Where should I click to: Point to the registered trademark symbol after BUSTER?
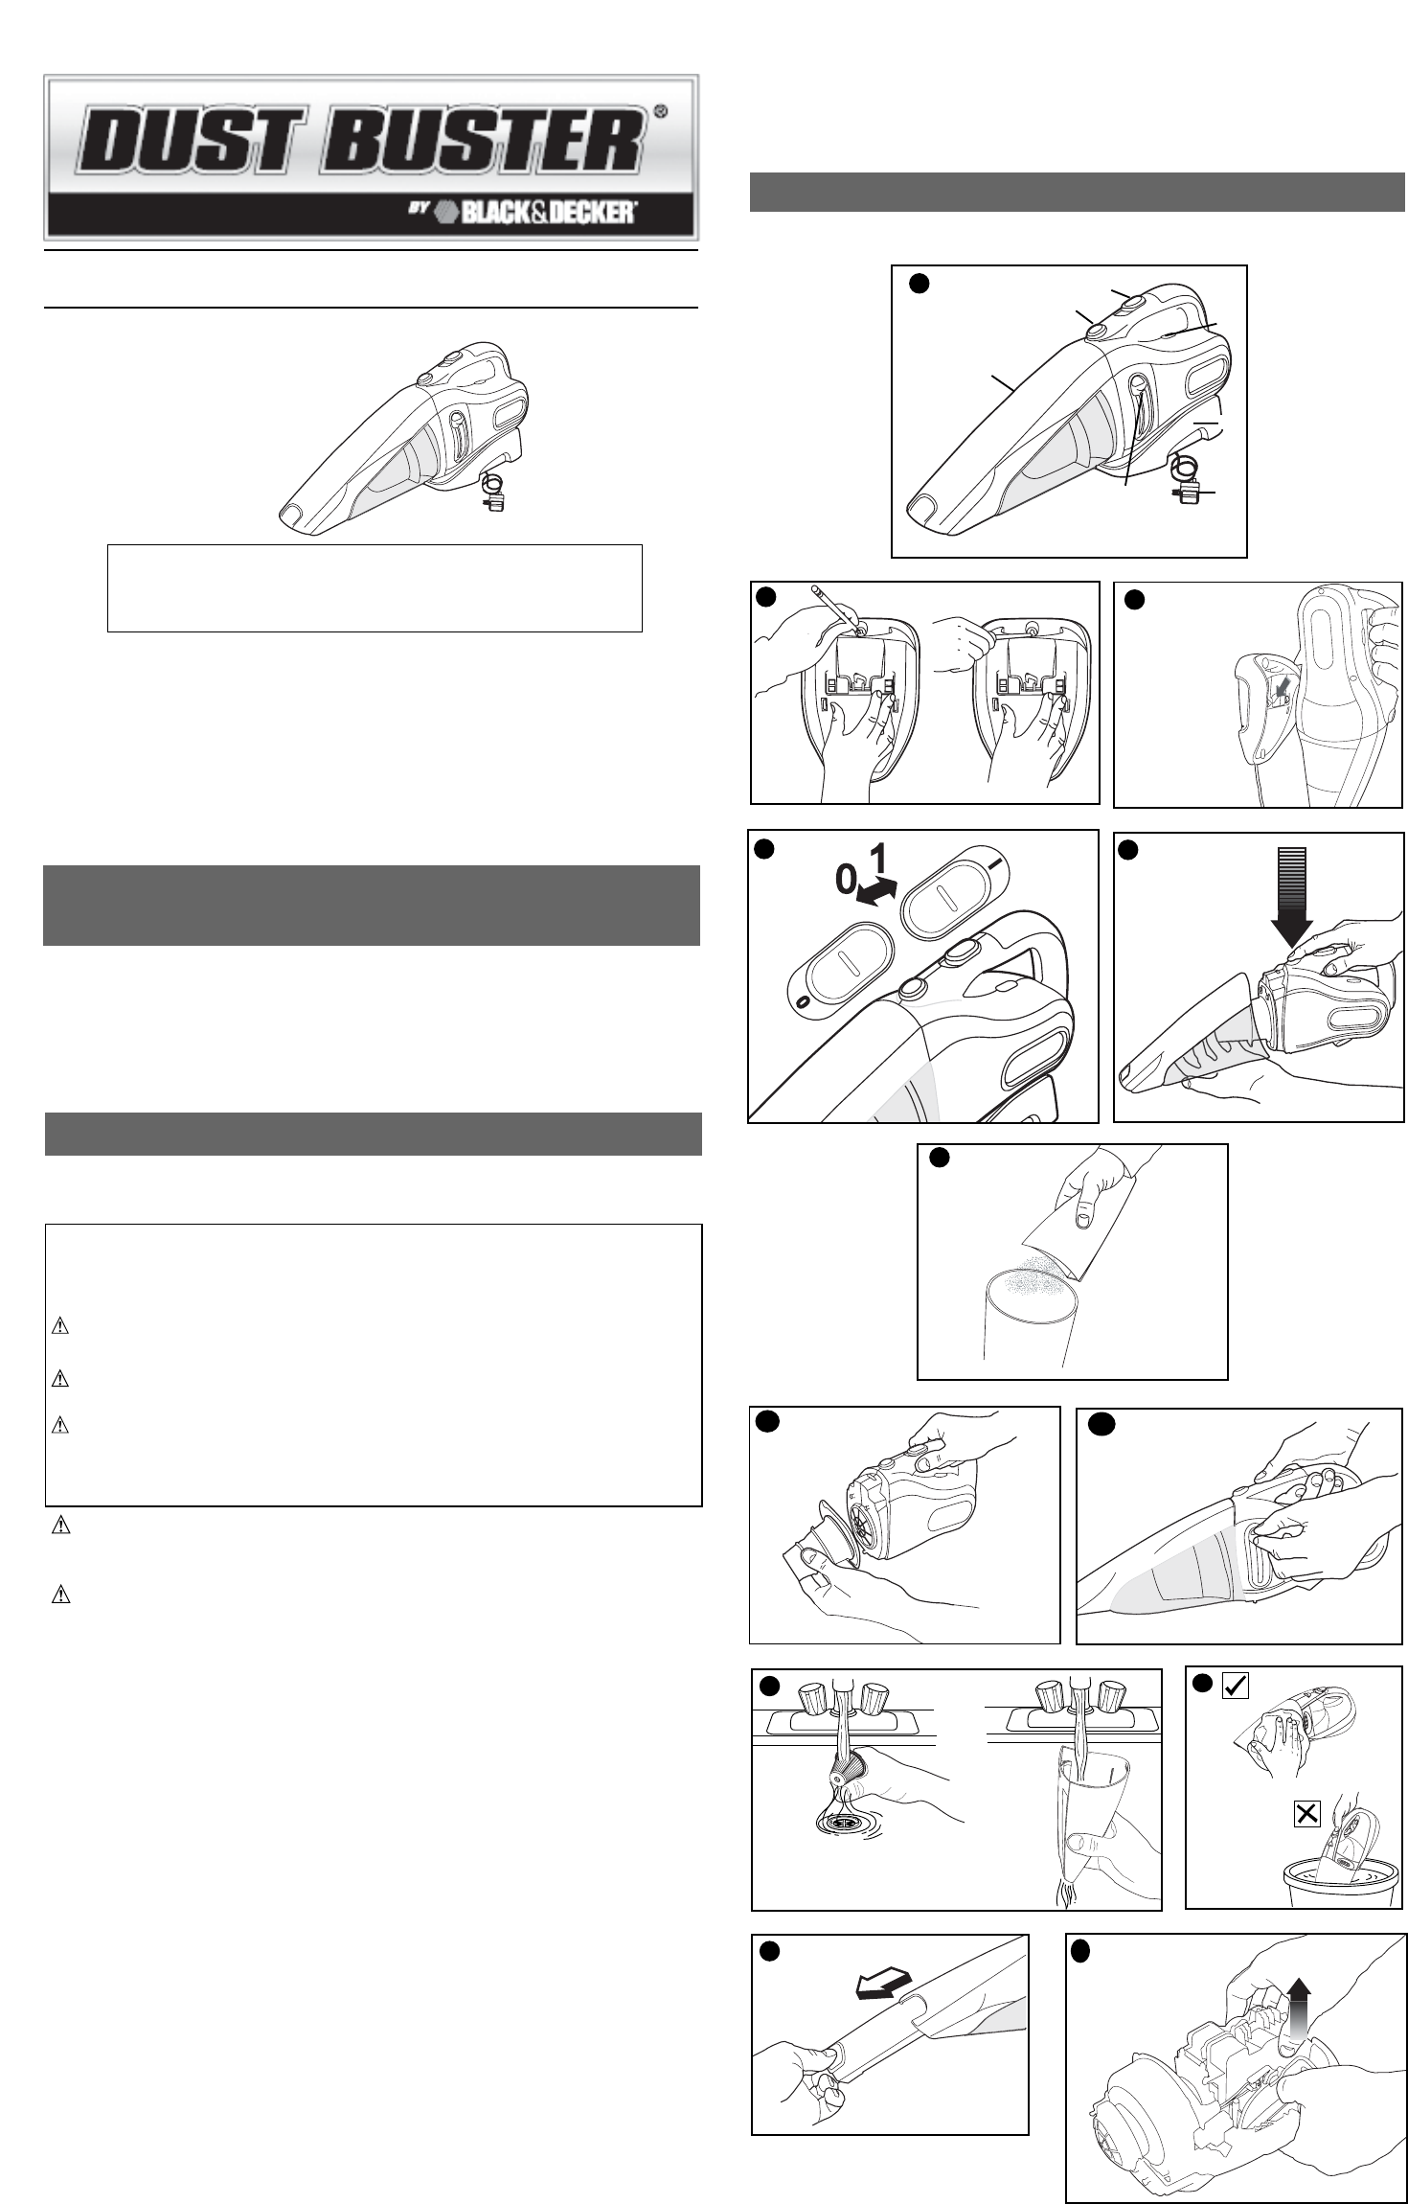[660, 110]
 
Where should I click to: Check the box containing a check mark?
[1236, 1712]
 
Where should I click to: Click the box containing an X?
[1306, 1813]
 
